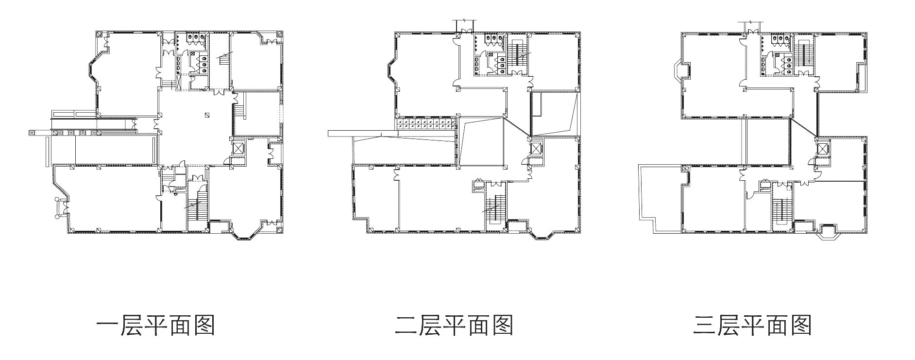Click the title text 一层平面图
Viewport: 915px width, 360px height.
click(x=155, y=326)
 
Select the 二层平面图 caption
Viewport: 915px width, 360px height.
click(x=454, y=326)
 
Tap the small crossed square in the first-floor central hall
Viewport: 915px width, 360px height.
click(x=207, y=115)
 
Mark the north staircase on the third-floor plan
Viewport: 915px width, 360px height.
click(x=805, y=57)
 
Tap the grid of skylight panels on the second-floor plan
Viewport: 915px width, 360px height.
click(x=426, y=124)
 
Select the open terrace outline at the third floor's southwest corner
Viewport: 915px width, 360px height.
click(x=661, y=199)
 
